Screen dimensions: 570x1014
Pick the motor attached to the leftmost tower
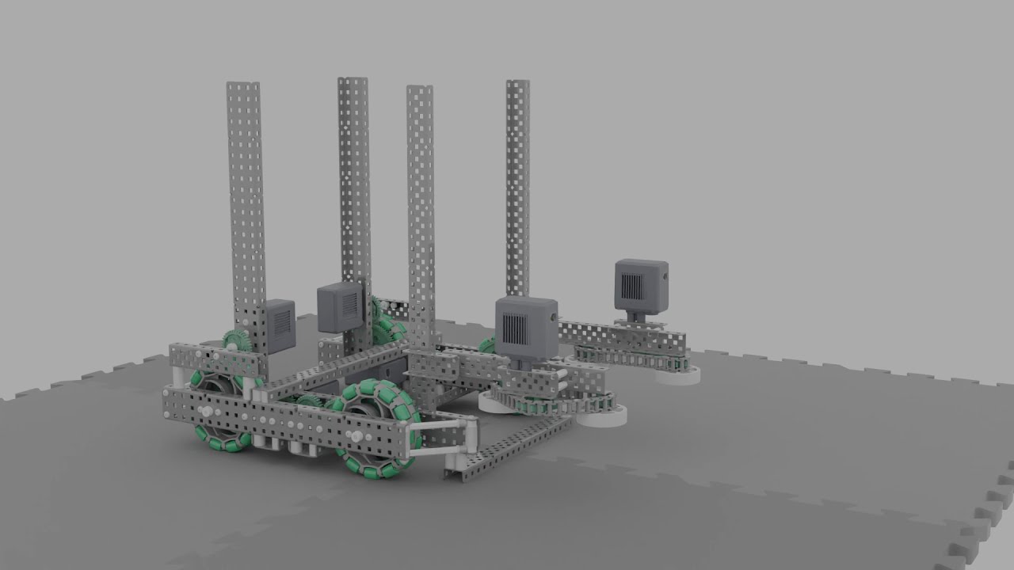coord(279,325)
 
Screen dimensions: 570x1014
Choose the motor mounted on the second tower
coord(341,308)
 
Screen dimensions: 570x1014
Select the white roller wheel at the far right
coord(678,374)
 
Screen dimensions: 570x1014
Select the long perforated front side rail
coord(285,416)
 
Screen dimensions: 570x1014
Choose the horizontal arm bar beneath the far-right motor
coord(626,339)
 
